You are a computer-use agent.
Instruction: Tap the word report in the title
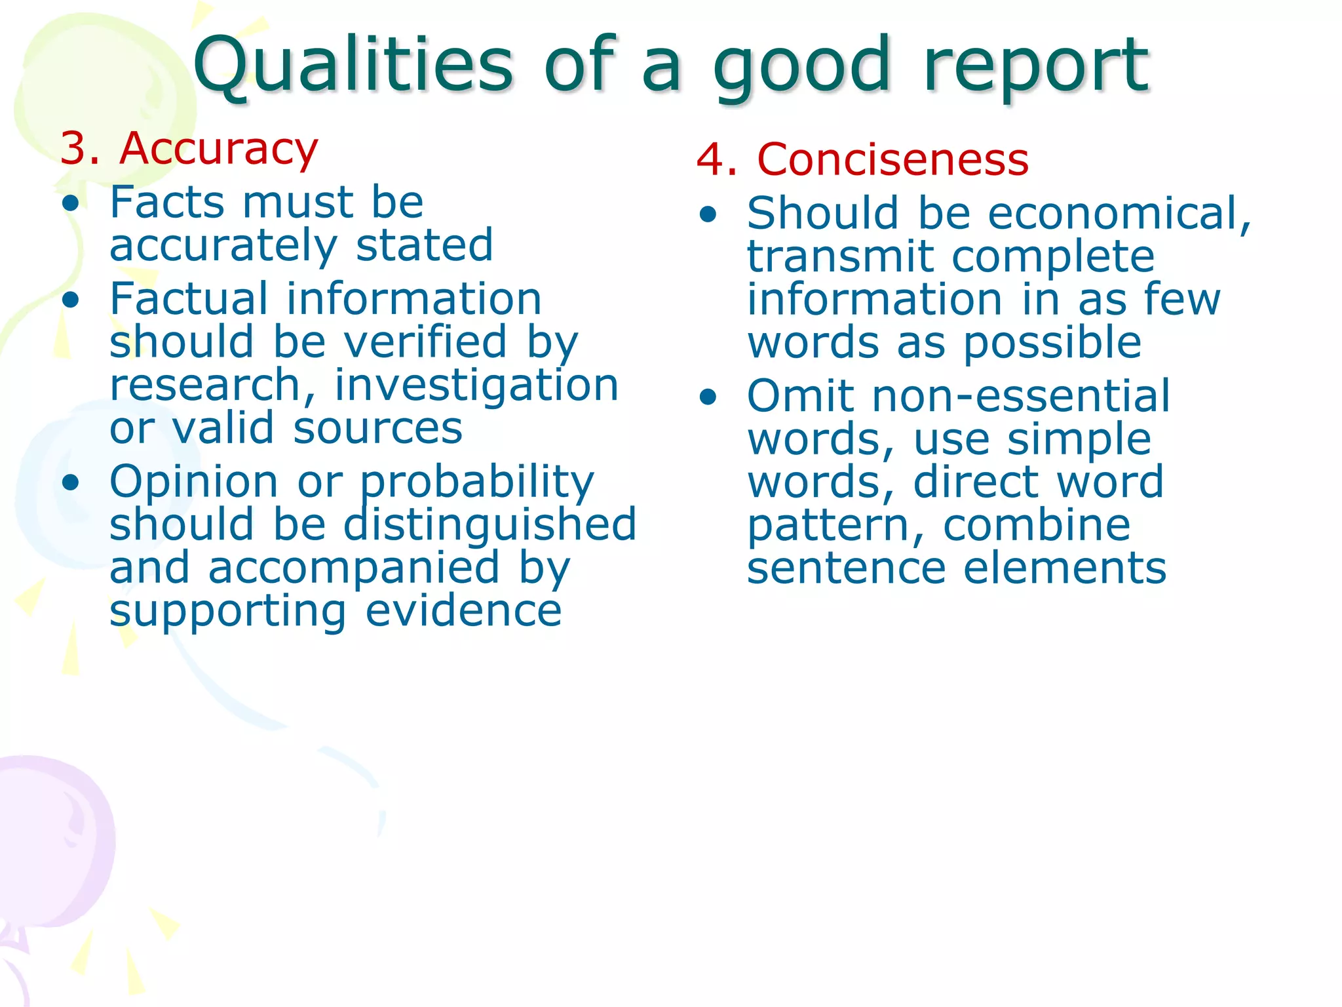click(x=1035, y=66)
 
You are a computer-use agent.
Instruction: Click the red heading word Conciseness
click(x=892, y=160)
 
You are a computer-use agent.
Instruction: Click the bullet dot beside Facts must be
click(x=71, y=203)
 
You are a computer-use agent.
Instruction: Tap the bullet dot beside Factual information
click(x=71, y=300)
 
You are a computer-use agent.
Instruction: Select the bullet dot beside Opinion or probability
click(x=71, y=483)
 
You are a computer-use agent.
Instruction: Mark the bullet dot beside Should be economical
click(x=708, y=214)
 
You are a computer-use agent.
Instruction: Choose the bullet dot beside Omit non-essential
click(x=708, y=397)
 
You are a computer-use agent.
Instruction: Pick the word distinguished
click(x=490, y=524)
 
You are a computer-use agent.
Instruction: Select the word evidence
click(x=463, y=611)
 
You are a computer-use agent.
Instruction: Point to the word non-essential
click(x=1021, y=397)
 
